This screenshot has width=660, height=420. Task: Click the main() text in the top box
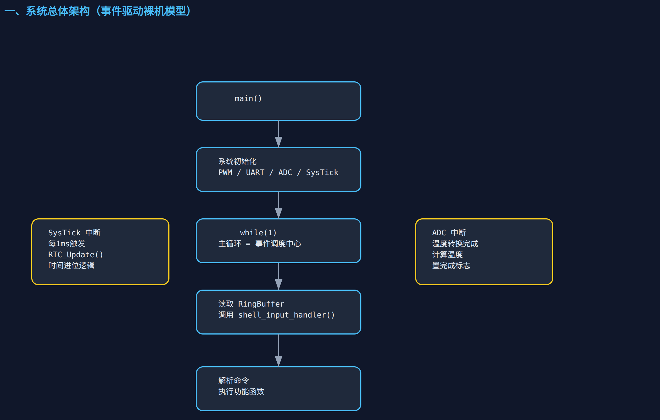click(x=248, y=98)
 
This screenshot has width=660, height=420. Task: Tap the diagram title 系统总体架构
click(x=58, y=11)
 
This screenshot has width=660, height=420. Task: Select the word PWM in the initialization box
click(x=225, y=172)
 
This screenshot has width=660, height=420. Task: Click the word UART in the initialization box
click(x=255, y=172)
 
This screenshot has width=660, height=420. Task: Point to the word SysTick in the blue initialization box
click(x=322, y=172)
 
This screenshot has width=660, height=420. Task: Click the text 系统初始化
click(x=237, y=161)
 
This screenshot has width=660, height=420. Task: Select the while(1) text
click(x=258, y=233)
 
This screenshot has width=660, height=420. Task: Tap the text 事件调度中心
click(x=278, y=244)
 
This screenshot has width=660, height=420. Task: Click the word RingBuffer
click(x=261, y=304)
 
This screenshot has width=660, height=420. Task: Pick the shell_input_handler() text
click(x=286, y=315)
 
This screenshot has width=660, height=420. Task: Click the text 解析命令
click(x=234, y=381)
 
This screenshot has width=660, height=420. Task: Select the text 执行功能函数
click(x=241, y=392)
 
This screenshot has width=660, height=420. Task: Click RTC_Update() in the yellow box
click(x=75, y=255)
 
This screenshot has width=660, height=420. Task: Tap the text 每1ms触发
click(x=67, y=244)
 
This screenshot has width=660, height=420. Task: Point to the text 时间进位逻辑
click(x=71, y=265)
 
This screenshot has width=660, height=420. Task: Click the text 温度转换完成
click(x=455, y=244)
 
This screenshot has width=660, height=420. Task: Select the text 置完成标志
click(x=451, y=265)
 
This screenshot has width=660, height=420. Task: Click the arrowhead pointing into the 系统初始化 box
click(x=279, y=142)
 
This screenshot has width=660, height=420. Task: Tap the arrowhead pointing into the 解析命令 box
click(x=279, y=361)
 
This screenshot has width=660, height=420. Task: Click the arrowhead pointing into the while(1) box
click(x=279, y=213)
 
